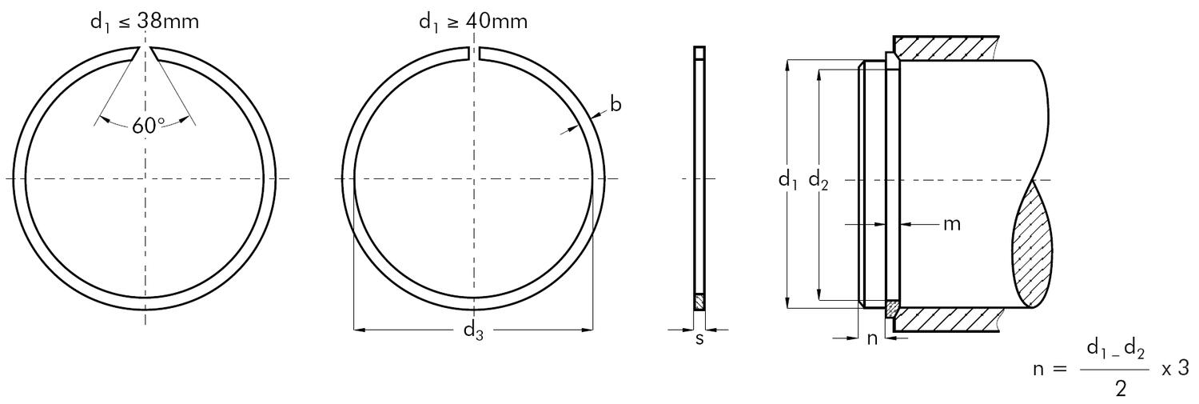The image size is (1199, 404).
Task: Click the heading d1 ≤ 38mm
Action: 145,22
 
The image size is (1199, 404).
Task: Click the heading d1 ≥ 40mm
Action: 473,22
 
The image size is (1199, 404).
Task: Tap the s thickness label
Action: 699,338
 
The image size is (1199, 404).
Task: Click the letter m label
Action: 952,224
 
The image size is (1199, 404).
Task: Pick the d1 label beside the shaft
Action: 789,181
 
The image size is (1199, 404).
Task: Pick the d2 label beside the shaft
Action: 819,181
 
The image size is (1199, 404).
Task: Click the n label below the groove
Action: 872,338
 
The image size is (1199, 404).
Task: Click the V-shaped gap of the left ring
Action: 145,53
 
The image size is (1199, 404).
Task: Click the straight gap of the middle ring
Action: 473,53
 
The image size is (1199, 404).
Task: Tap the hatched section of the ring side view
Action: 699,303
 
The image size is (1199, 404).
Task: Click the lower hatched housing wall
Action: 947,321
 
